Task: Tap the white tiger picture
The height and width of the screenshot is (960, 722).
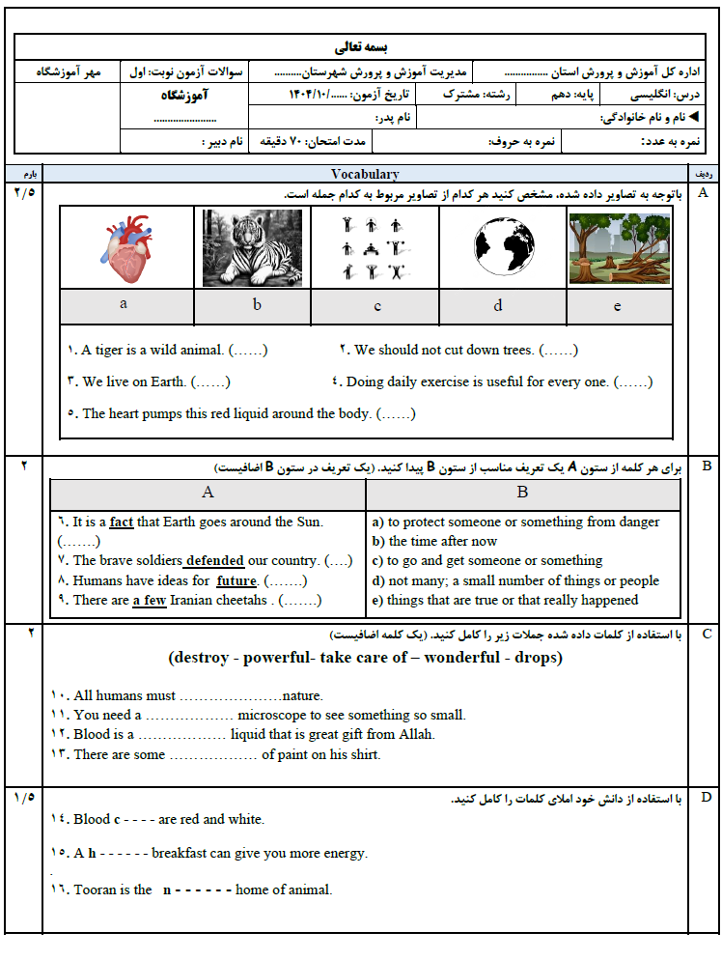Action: tap(252, 248)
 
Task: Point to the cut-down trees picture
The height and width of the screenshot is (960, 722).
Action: tap(620, 248)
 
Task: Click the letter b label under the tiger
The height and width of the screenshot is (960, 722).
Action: tap(257, 304)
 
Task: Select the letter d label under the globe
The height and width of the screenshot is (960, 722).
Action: tap(498, 305)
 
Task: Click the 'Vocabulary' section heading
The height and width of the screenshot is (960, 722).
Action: tap(365, 174)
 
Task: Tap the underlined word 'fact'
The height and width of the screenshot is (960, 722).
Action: tap(122, 522)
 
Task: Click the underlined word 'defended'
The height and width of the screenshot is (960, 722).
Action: tap(214, 560)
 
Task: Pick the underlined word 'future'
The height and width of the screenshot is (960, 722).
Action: tap(236, 580)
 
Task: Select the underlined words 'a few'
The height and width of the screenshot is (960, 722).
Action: tap(149, 600)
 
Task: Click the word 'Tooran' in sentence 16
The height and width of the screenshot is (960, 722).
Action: tap(94, 889)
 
